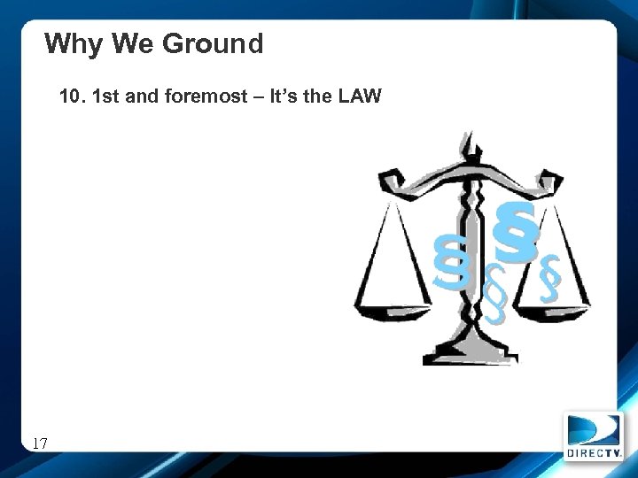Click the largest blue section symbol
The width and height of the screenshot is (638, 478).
pos(517,232)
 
